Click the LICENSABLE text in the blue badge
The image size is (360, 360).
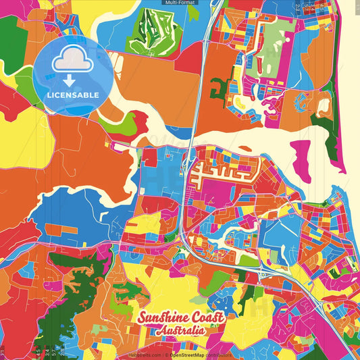pyautogui.click(x=72, y=95)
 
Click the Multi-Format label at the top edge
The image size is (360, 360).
pyautogui.click(x=180, y=3)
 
